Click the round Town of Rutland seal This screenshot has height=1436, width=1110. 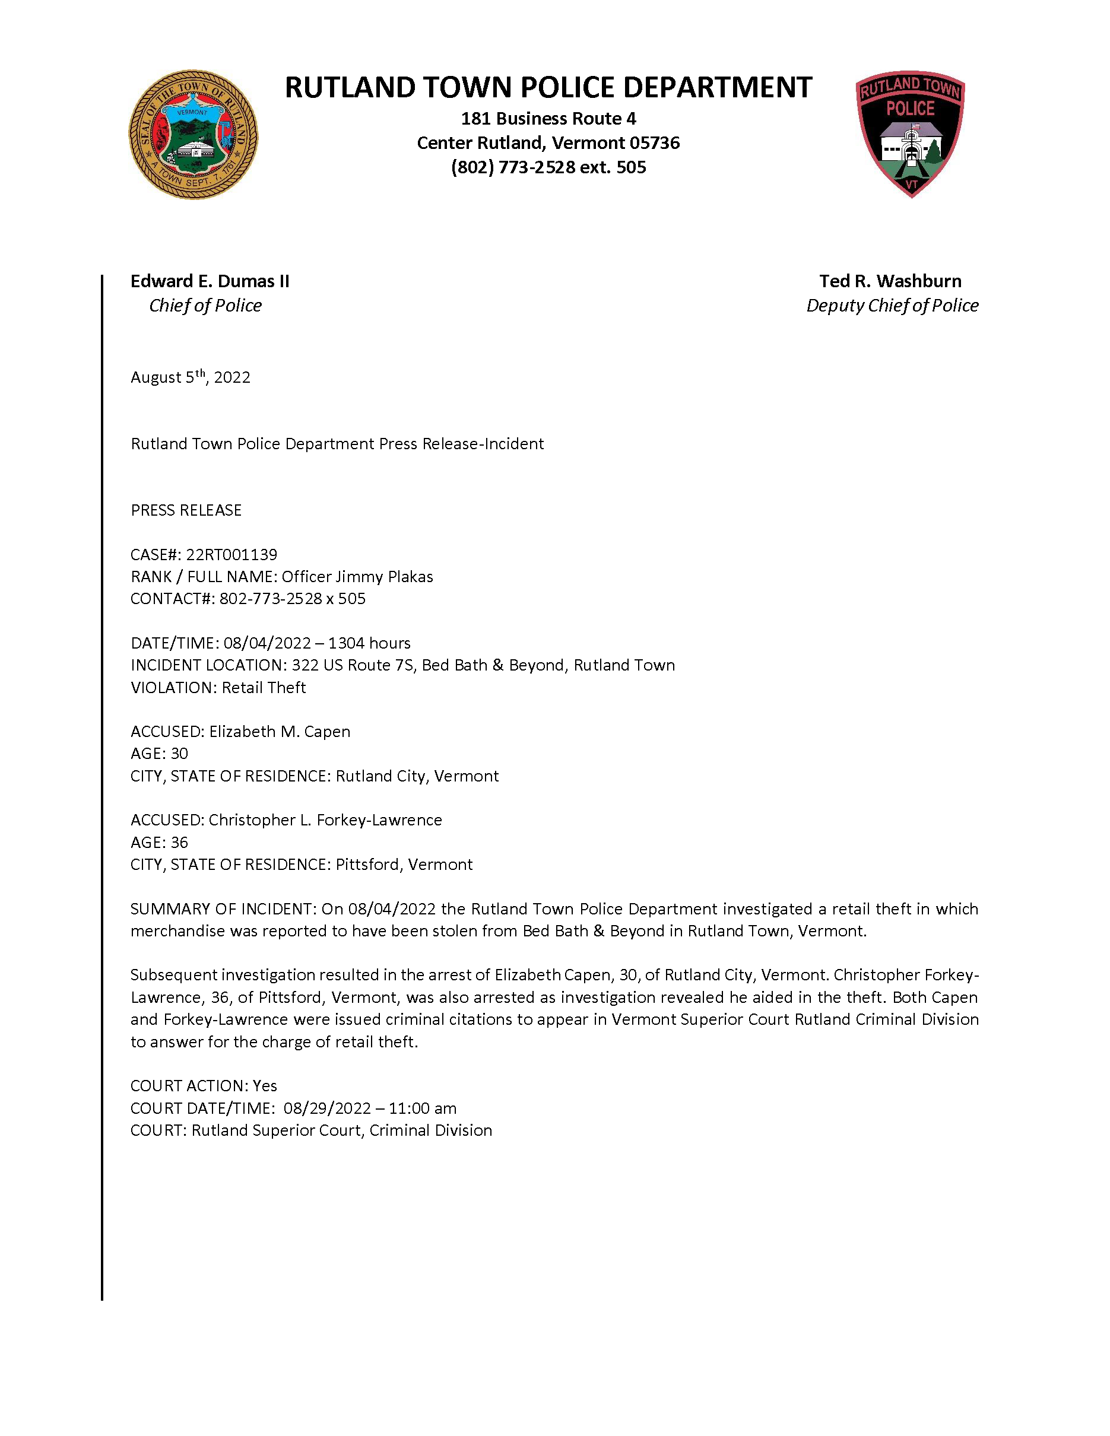193,135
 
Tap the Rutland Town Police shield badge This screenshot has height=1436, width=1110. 910,134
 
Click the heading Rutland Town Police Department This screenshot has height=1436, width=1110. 548,87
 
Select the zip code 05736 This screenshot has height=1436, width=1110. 654,142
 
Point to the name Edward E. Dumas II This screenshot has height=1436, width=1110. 210,281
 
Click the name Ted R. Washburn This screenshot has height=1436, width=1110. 890,281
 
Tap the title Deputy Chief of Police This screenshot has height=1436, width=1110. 892,305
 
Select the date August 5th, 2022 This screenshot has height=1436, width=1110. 190,377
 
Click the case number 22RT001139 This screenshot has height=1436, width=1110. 231,554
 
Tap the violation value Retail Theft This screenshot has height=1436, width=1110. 264,687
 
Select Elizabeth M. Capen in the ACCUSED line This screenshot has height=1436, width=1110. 280,731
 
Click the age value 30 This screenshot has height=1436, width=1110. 179,754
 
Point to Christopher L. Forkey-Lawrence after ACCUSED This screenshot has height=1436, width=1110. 325,820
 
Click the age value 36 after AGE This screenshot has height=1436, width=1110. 179,842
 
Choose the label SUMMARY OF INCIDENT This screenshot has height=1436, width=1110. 223,908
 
